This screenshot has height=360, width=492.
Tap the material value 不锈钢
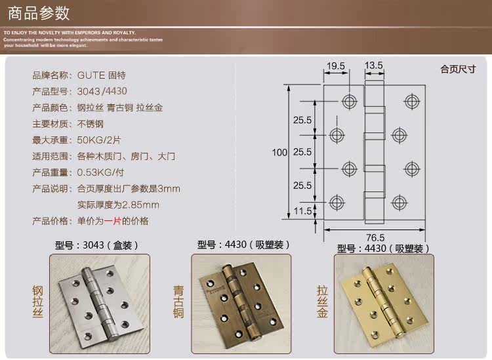tap(91, 123)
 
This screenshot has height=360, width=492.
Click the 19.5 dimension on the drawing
tap(336, 66)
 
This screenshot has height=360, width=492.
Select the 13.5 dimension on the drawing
tap(373, 66)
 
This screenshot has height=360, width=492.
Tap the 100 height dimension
tap(279, 152)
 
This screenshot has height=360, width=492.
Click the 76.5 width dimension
tap(375, 237)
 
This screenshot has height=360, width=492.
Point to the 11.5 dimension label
tap(302, 210)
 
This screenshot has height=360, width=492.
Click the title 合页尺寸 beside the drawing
tap(457, 68)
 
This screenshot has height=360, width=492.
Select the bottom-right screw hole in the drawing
tap(398, 200)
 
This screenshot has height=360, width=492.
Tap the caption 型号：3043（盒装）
tap(97, 246)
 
